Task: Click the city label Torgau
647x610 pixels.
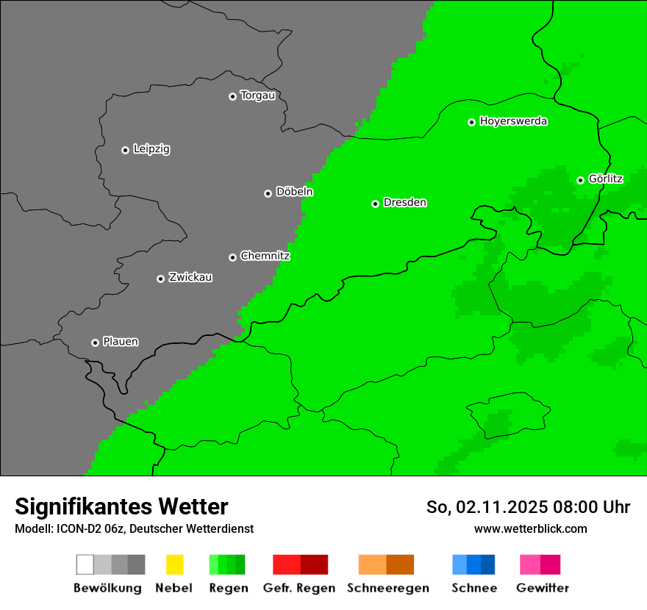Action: coord(257,96)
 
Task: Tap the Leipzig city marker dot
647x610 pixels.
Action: coord(125,150)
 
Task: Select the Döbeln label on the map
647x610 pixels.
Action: coord(294,192)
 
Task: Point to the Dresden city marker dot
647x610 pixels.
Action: coord(375,204)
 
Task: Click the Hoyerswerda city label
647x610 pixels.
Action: coord(513,121)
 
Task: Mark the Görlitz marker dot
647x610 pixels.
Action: coord(580,180)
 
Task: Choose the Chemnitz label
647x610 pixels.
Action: coord(265,256)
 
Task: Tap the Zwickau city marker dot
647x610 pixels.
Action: coord(160,279)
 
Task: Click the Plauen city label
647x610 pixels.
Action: coord(121,342)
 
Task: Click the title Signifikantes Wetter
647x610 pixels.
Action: coord(121,506)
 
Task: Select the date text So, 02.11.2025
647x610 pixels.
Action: coord(485,507)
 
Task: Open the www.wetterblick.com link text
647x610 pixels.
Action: coord(530,528)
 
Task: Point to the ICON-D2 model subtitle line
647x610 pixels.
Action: coord(134,528)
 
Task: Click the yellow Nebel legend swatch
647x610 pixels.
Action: coord(174,564)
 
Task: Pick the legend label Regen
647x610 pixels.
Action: coord(228,588)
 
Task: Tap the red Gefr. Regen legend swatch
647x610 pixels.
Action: coord(300,564)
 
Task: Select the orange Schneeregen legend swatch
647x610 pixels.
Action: coord(386,564)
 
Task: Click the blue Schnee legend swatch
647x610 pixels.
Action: coord(473,564)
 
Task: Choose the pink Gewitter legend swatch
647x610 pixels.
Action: coord(540,564)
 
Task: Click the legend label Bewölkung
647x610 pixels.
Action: coord(107,588)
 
